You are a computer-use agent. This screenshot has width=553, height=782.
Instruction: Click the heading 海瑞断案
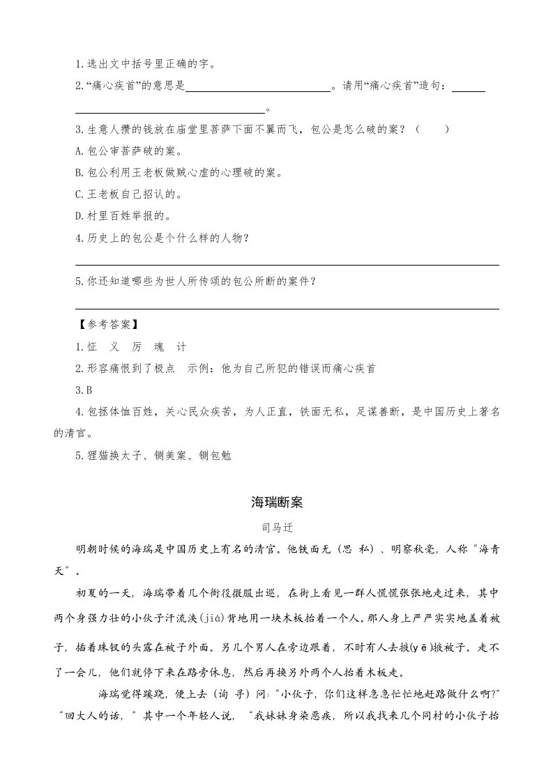276,502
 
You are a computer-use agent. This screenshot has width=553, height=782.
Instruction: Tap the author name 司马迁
276,528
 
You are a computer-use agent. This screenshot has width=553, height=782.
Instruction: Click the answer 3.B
85,389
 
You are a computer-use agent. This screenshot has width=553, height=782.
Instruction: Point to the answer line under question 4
287,264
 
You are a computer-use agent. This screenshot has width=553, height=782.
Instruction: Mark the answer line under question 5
287,308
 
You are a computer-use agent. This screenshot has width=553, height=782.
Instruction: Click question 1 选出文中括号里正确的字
146,65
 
